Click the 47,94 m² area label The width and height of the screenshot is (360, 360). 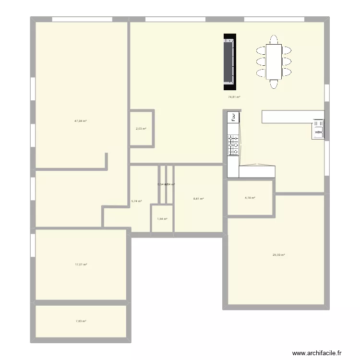tap(80, 121)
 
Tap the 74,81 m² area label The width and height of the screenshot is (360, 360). tap(234, 97)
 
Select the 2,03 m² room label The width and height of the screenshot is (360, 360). tap(141, 129)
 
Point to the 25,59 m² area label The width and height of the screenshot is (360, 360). tap(278, 255)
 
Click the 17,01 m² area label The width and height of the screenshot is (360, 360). tap(80, 264)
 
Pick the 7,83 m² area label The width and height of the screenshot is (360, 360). tap(80, 321)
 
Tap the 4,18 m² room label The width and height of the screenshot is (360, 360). tap(250, 198)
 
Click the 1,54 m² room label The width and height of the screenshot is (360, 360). tap(162, 219)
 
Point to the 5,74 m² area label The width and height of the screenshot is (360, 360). tap(136, 201)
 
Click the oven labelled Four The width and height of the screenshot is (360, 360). tap(233, 117)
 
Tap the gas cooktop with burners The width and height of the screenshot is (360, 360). tap(234, 145)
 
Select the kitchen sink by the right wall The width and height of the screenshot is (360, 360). tap(318, 129)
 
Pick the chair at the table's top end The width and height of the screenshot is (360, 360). tap(274, 38)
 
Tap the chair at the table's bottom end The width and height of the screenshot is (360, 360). tap(274, 84)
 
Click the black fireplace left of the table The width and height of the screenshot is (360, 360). tap(230, 62)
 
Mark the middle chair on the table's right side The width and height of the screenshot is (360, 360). tap(287, 61)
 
